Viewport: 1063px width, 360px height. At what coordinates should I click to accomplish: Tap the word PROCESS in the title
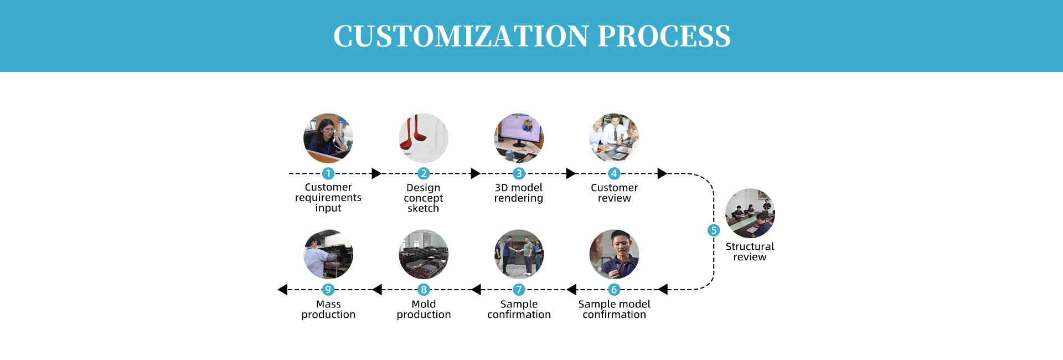(664, 37)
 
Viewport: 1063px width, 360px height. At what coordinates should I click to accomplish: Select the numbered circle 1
(328, 173)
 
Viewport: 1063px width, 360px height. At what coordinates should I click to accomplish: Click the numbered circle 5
(714, 230)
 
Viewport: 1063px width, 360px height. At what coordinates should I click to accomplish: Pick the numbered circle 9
(328, 290)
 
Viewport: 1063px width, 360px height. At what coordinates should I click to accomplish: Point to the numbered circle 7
(519, 290)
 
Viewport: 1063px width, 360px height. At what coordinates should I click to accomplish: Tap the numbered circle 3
(519, 173)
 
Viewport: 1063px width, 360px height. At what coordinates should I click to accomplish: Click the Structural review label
(750, 251)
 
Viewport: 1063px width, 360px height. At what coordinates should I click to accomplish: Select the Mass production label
(328, 309)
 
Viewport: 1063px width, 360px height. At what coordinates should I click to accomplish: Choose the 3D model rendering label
(519, 193)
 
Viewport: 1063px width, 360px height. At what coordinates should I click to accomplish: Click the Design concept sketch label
(424, 198)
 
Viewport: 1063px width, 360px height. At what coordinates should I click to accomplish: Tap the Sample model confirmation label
(614, 309)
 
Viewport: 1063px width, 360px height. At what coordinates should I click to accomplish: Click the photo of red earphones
(424, 138)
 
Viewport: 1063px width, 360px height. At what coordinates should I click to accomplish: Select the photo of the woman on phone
(328, 138)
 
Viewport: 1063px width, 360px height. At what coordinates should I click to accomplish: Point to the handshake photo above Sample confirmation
(519, 254)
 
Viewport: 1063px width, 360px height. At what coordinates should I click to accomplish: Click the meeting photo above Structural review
(750, 213)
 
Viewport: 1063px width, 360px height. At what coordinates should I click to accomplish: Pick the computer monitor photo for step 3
(519, 138)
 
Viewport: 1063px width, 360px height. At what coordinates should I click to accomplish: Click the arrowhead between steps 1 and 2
(376, 173)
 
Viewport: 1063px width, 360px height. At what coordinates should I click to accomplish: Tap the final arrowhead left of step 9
(282, 290)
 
